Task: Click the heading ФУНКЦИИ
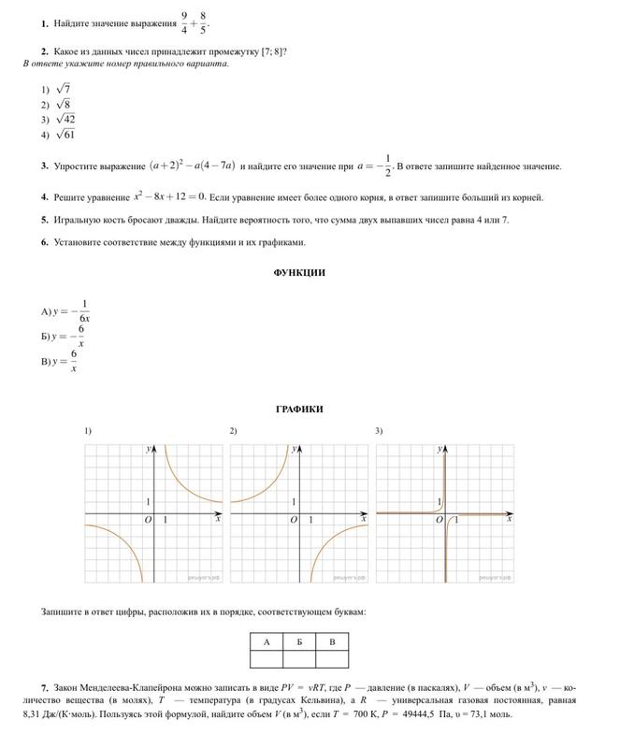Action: point(299,272)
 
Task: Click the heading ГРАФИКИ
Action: point(299,410)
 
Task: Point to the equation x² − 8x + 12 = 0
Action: point(169,196)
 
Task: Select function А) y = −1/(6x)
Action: point(65,309)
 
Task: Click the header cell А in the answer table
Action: point(267,641)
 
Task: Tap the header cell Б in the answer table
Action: point(299,641)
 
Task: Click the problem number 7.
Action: point(44,688)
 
